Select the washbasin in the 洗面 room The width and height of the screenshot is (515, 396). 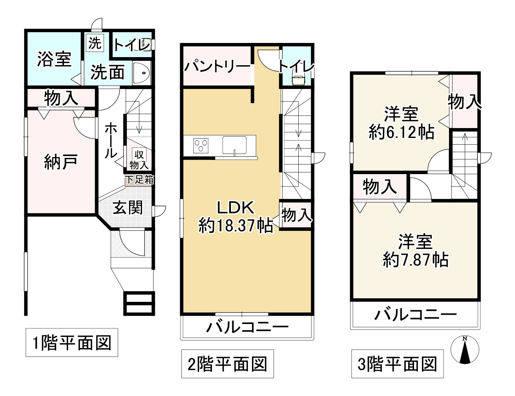[141, 73]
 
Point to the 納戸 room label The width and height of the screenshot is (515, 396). [60, 162]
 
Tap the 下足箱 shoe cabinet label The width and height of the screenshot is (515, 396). [139, 180]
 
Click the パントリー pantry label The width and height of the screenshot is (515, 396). [217, 66]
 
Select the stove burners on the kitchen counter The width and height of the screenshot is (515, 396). [201, 145]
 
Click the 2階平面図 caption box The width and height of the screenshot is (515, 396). [227, 364]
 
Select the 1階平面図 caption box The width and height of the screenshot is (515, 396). [72, 343]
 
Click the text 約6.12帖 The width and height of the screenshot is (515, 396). [401, 132]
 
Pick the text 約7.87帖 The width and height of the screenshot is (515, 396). [415, 260]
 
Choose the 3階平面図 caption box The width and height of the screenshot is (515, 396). [397, 364]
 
